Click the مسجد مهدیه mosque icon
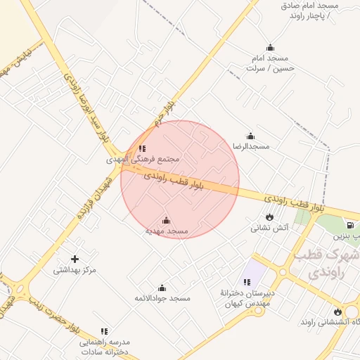pyautogui.click(x=166, y=221)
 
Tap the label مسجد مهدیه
pyautogui.click(x=167, y=231)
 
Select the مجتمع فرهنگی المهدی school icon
pyautogui.click(x=143, y=148)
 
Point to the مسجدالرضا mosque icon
pyautogui.click(x=250, y=136)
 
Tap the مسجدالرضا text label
pyautogui.click(x=252, y=146)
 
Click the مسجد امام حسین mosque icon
pyautogui.click(x=271, y=47)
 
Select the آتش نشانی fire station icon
pyautogui.click(x=269, y=217)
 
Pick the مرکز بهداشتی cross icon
pyautogui.click(x=75, y=259)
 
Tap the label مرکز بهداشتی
pyautogui.click(x=75, y=270)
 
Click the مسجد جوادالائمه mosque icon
pyautogui.click(x=162, y=288)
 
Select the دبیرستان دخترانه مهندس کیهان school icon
pyautogui.click(x=247, y=282)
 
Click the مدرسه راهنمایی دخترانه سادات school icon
pyautogui.click(x=105, y=330)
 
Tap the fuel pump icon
pyautogui.click(x=349, y=225)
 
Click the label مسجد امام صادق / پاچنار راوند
pyautogui.click(x=303, y=10)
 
